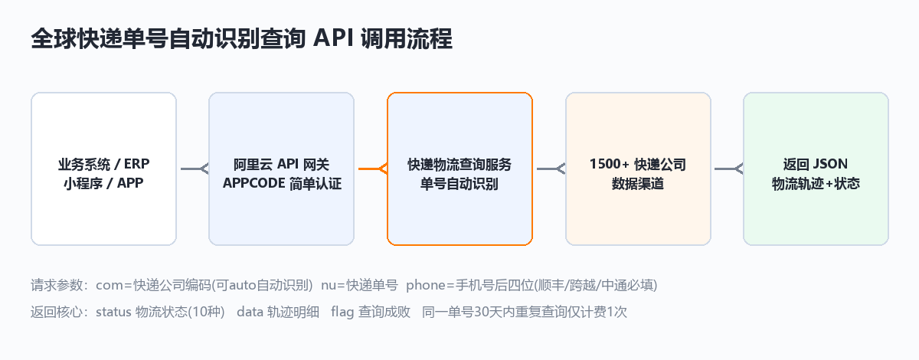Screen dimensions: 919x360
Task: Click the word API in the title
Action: [x=333, y=38]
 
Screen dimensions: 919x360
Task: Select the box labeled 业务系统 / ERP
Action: [x=104, y=169]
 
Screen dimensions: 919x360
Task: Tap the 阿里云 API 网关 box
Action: [x=282, y=169]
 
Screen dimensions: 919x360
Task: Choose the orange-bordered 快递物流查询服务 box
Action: [x=460, y=169]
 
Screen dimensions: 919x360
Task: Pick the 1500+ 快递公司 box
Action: [x=639, y=169]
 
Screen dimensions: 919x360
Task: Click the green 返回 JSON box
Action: [x=816, y=169]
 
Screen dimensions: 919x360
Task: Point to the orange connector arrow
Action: [x=373, y=169]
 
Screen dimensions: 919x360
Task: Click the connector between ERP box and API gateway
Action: [x=195, y=169]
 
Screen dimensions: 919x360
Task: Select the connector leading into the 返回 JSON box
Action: [x=728, y=169]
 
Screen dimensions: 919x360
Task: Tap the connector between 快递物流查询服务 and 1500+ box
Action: [x=551, y=169]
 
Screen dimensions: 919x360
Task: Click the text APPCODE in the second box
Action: [x=254, y=183]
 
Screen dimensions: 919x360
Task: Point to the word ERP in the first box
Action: [x=136, y=164]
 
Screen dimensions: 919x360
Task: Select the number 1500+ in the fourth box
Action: [x=610, y=164]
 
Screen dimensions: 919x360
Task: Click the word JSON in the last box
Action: [x=830, y=164]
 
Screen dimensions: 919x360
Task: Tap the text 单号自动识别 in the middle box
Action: [x=459, y=184]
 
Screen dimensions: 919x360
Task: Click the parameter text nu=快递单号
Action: [x=359, y=285]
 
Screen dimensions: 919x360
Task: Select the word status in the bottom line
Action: [x=113, y=312]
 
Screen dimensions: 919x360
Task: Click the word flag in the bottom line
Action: [x=342, y=313]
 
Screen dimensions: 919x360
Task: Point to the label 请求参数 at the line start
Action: [x=57, y=285]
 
